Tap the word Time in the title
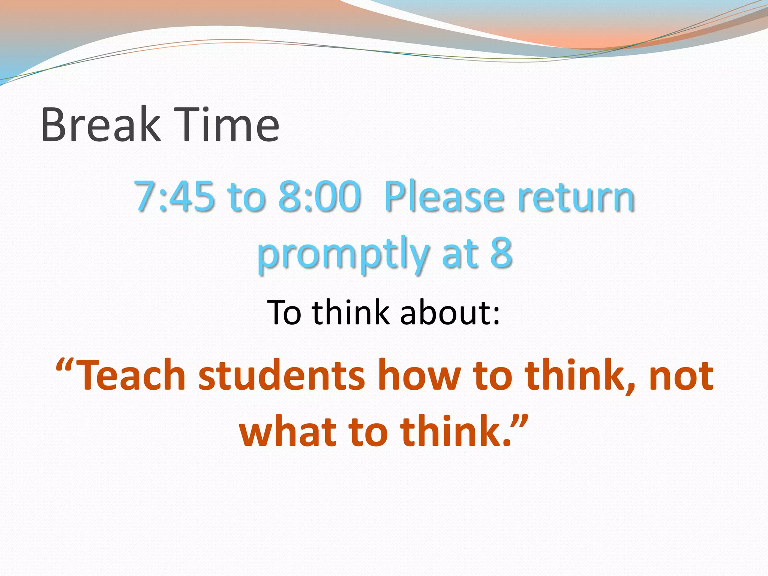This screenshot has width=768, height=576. coord(228,124)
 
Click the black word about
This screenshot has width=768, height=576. coord(450,312)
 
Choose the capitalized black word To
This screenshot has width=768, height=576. coord(284,312)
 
